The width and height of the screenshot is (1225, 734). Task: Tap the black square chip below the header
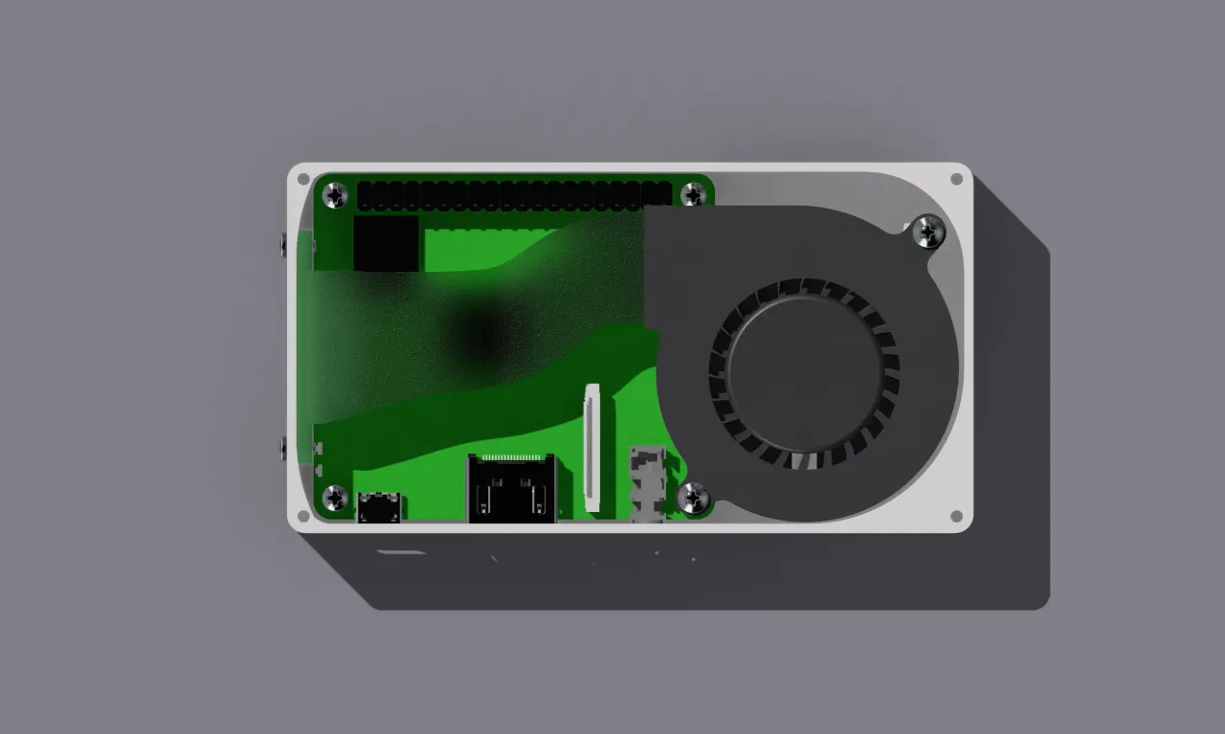coord(387,243)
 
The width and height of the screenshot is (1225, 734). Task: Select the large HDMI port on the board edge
coord(511,490)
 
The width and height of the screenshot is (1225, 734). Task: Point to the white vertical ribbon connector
coord(592,446)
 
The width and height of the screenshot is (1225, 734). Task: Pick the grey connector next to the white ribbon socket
coord(648,484)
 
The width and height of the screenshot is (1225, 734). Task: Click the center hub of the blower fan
coord(802,374)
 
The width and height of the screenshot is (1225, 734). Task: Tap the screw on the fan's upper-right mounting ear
coord(928,231)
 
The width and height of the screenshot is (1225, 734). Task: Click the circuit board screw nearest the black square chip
coord(335,196)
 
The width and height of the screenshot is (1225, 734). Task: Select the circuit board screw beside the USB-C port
coord(335,497)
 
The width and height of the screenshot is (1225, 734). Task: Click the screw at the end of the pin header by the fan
coord(693,195)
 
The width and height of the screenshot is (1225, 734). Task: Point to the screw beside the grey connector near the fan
coord(693,497)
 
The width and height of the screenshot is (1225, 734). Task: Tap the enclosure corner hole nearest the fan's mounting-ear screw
coord(955,179)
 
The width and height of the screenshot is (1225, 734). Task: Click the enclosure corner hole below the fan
coord(955,516)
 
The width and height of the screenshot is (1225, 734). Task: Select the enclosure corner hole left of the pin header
coord(303,179)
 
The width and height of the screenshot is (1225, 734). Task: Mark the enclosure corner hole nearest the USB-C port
coord(303,516)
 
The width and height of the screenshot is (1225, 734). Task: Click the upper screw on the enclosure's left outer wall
coord(282,244)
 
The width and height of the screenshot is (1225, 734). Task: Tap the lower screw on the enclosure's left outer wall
coord(282,447)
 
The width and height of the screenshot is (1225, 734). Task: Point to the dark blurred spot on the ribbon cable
coord(479,330)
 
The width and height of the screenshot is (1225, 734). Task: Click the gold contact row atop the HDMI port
coord(511,457)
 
